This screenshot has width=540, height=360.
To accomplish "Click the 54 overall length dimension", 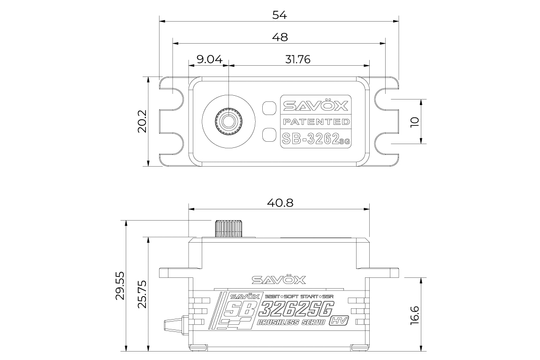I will click(280, 15).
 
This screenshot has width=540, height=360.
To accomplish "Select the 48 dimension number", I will click(280, 37).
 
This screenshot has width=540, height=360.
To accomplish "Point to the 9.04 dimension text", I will click(209, 59).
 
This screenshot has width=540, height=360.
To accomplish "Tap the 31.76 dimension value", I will click(297, 59).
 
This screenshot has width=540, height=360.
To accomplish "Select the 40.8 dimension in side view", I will click(280, 203).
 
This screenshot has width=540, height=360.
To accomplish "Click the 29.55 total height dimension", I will click(121, 285).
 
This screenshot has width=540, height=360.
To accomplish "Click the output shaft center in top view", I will click(229, 121).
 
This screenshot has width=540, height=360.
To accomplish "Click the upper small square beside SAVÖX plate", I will click(268, 107).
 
